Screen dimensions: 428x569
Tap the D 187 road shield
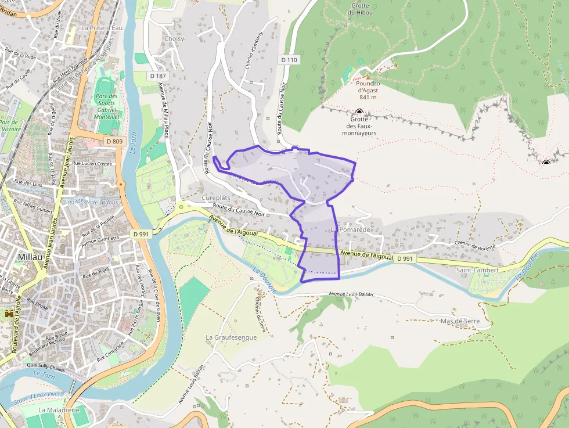point(157,76)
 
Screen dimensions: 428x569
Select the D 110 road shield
point(289,60)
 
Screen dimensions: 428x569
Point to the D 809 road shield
point(115,141)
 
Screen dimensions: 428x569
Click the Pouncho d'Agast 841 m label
point(368,90)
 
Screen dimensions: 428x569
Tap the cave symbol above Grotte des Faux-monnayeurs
point(359,112)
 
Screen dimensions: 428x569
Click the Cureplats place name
point(215,198)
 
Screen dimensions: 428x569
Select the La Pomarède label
point(350,230)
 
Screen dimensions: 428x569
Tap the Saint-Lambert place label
point(478,270)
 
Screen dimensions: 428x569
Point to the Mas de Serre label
point(460,321)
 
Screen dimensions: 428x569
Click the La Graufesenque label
point(231,337)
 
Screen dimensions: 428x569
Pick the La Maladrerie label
point(59,409)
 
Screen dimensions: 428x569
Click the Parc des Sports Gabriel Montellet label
point(107,106)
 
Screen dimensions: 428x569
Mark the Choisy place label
point(174,39)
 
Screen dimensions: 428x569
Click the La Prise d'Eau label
point(102,27)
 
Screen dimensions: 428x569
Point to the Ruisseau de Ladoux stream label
point(93,202)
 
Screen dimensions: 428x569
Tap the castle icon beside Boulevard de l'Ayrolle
point(9,313)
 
